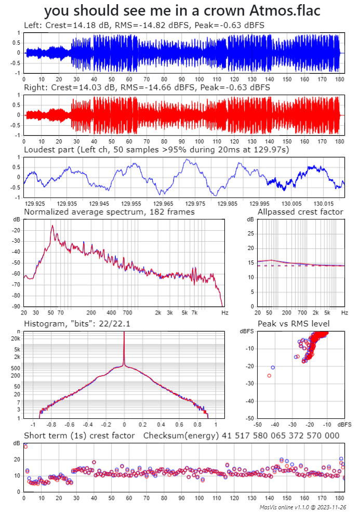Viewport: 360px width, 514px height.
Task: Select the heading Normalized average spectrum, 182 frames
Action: (x=110, y=212)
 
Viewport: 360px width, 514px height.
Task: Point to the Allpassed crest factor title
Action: (x=300, y=212)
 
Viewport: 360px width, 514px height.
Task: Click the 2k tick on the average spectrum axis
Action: (x=158, y=313)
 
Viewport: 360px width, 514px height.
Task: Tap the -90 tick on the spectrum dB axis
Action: (x=17, y=307)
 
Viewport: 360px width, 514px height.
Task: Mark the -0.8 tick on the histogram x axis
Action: (x=52, y=425)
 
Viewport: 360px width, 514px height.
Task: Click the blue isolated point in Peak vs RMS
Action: (x=273, y=367)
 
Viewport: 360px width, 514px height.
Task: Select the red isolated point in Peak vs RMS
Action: (x=269, y=375)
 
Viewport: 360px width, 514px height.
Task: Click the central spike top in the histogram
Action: (x=124, y=333)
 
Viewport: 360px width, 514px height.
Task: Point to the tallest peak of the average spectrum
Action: (x=52, y=226)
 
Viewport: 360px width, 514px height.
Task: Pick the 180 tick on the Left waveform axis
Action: (x=339, y=79)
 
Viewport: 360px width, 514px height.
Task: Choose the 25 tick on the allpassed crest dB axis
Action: (x=250, y=233)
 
